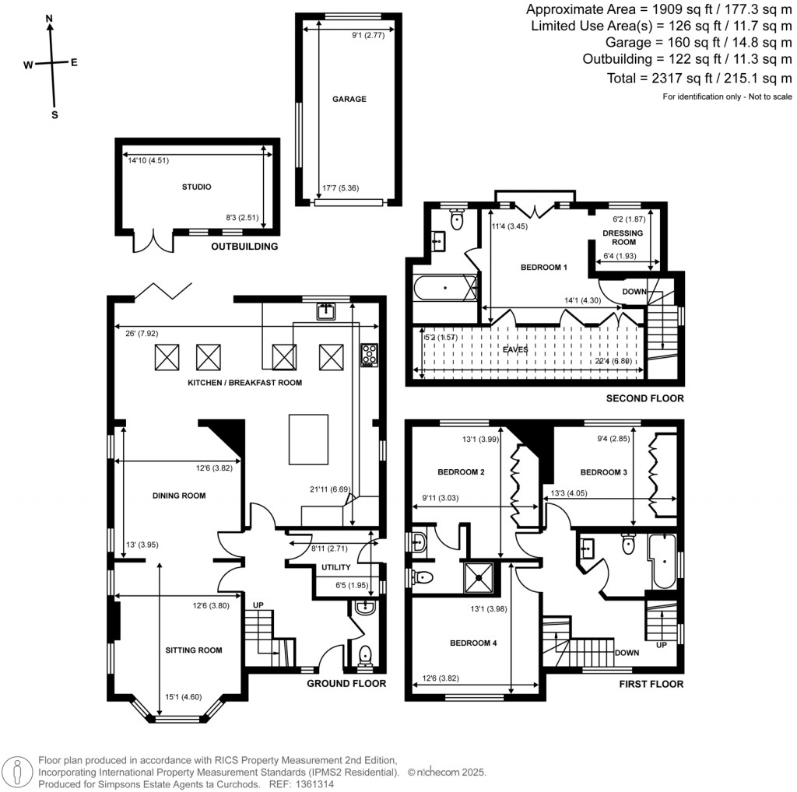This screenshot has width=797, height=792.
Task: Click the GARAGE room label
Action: [349, 99]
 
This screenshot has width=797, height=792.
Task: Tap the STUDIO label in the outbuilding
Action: [197, 187]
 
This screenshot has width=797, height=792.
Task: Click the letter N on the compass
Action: [49, 19]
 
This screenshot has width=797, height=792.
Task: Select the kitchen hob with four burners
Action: [370, 355]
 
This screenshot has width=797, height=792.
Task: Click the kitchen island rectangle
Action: [308, 440]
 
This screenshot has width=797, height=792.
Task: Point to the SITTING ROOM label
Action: [194, 650]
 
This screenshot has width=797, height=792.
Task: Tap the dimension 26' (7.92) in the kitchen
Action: [142, 334]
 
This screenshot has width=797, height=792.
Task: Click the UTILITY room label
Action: [336, 567]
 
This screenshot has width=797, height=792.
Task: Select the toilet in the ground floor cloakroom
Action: [365, 655]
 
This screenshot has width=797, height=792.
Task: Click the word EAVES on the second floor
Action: [515, 349]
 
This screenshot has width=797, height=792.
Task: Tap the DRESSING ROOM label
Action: [623, 238]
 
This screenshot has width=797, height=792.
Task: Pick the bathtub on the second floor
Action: [445, 288]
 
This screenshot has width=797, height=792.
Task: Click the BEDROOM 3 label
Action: [604, 472]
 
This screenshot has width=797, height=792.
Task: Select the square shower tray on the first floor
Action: [479, 577]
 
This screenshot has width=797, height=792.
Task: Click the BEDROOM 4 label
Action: [473, 643]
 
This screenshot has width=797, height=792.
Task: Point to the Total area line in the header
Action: [700, 79]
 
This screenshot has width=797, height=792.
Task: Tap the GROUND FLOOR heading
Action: [346, 684]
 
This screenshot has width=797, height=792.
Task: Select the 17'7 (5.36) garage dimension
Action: [341, 188]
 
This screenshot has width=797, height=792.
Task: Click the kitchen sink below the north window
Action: [326, 311]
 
